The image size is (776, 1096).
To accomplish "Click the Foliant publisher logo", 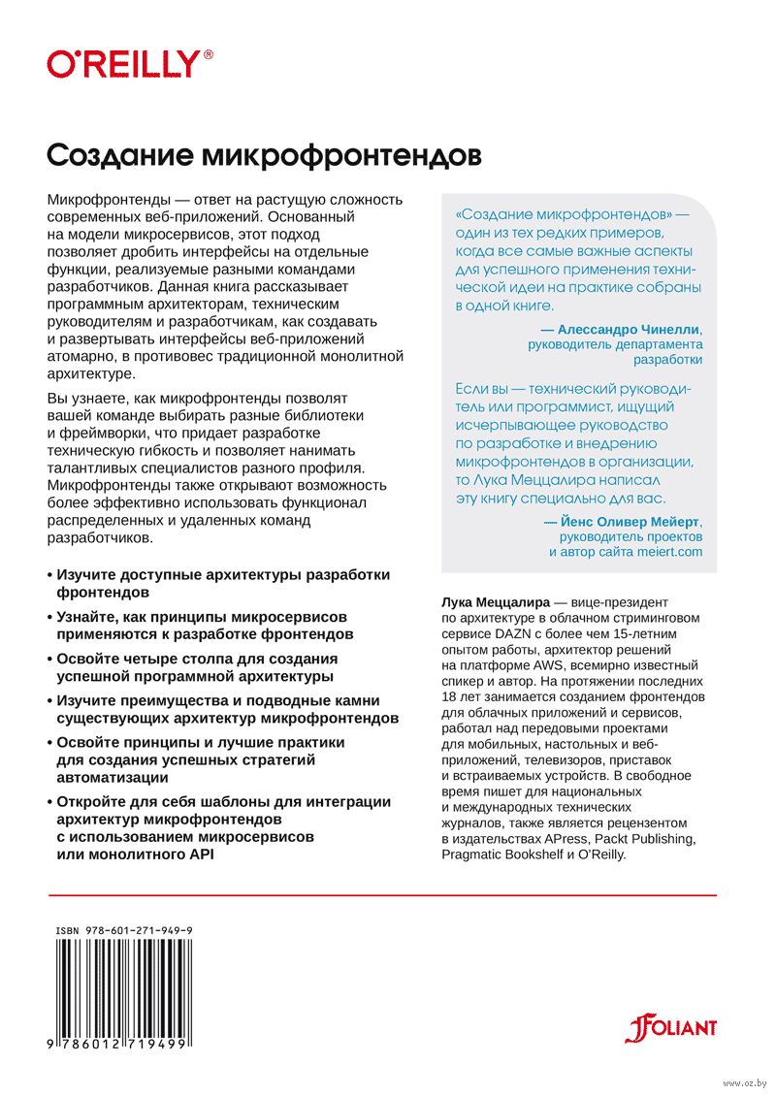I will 670,1027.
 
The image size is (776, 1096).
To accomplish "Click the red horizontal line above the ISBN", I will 381,894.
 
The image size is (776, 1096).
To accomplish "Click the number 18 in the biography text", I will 450,696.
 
